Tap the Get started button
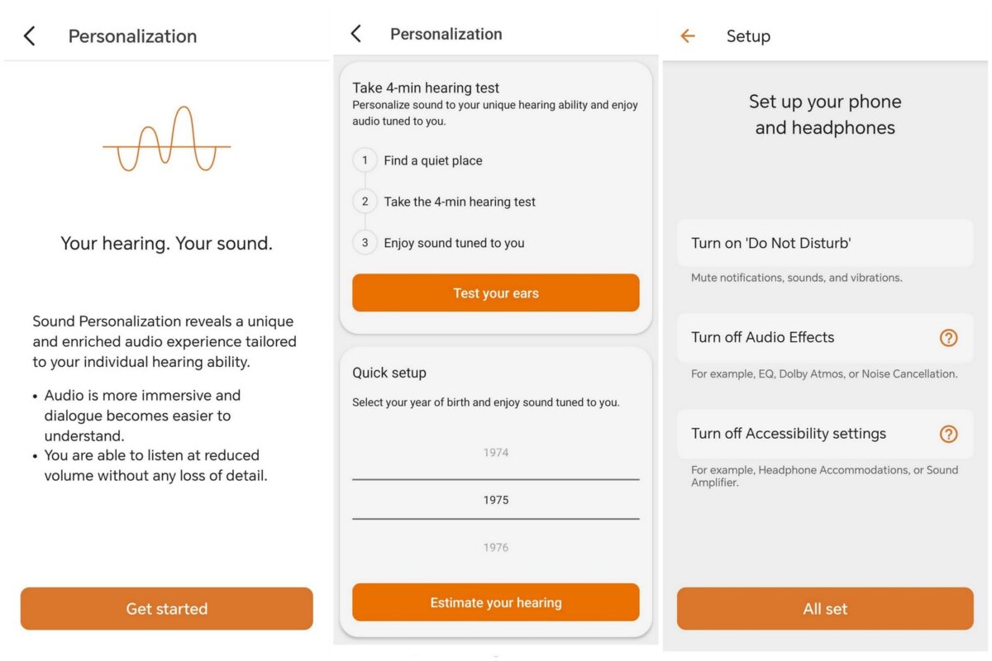[x=166, y=608]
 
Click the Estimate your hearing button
[x=495, y=602]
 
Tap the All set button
[x=825, y=608]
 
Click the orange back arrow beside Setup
[x=687, y=36]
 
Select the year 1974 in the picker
[x=495, y=453]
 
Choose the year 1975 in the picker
[x=495, y=500]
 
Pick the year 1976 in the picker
[x=495, y=547]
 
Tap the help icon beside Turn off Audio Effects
[x=948, y=338]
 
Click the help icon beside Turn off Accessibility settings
[x=948, y=434]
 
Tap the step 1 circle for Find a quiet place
[x=365, y=159]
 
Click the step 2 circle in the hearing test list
[x=365, y=202]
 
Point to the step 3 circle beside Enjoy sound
[x=365, y=243]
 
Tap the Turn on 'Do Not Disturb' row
[x=825, y=243]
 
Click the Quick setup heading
[x=389, y=373]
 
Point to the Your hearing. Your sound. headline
[x=166, y=243]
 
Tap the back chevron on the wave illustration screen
[x=29, y=36]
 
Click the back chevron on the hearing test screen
[x=356, y=33]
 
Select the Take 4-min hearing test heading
[x=426, y=88]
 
